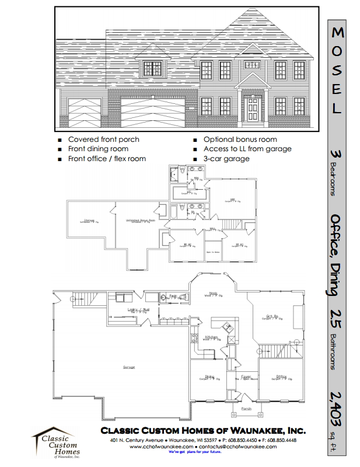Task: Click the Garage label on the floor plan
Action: click(129, 367)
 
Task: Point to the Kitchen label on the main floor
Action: click(211, 338)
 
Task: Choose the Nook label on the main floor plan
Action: click(214, 294)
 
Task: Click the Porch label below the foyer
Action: click(246, 409)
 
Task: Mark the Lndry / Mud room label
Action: click(137, 310)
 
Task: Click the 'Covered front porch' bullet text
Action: click(104, 140)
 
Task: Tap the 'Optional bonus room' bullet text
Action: click(240, 140)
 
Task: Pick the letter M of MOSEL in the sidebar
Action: click(338, 32)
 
